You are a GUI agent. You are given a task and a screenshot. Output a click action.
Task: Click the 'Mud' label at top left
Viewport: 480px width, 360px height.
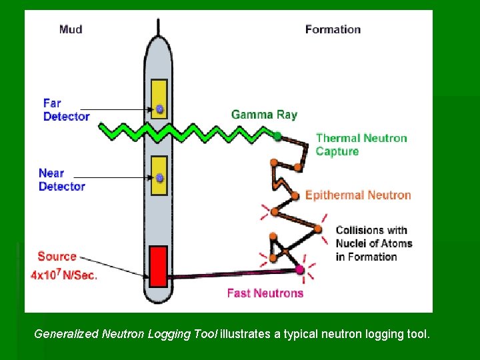click(71, 29)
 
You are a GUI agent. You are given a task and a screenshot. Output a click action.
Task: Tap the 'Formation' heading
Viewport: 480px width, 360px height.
click(333, 29)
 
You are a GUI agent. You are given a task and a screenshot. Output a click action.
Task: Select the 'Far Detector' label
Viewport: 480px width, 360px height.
click(66, 110)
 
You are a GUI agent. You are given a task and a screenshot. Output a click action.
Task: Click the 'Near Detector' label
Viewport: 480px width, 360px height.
click(62, 180)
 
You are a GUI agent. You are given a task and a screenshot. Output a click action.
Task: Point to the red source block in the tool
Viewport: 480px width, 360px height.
click(157, 267)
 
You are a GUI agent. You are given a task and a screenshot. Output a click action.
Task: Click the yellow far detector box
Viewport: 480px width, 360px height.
click(159, 99)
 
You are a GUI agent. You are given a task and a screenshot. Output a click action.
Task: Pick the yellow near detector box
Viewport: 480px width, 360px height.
click(159, 176)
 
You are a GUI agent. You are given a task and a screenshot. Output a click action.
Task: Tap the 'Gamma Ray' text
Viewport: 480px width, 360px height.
click(264, 115)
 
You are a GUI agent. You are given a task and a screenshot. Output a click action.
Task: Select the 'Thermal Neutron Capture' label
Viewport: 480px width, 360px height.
click(361, 145)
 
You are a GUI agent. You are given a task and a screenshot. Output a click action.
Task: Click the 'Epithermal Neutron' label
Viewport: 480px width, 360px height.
click(358, 195)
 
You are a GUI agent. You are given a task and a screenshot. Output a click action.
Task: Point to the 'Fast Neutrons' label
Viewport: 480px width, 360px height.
click(265, 293)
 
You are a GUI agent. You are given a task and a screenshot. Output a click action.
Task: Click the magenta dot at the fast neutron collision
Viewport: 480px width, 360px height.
click(300, 270)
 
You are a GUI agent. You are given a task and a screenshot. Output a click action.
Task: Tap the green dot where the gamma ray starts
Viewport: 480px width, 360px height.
click(277, 136)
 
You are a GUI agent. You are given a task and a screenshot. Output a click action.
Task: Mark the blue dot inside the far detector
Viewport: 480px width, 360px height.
click(159, 109)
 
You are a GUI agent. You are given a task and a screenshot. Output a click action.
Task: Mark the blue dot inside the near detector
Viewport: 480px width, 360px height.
click(159, 178)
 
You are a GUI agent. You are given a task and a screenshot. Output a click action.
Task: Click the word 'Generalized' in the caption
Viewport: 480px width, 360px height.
click(66, 333)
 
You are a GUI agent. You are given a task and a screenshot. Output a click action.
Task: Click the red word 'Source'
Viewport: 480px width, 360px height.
click(57, 257)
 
